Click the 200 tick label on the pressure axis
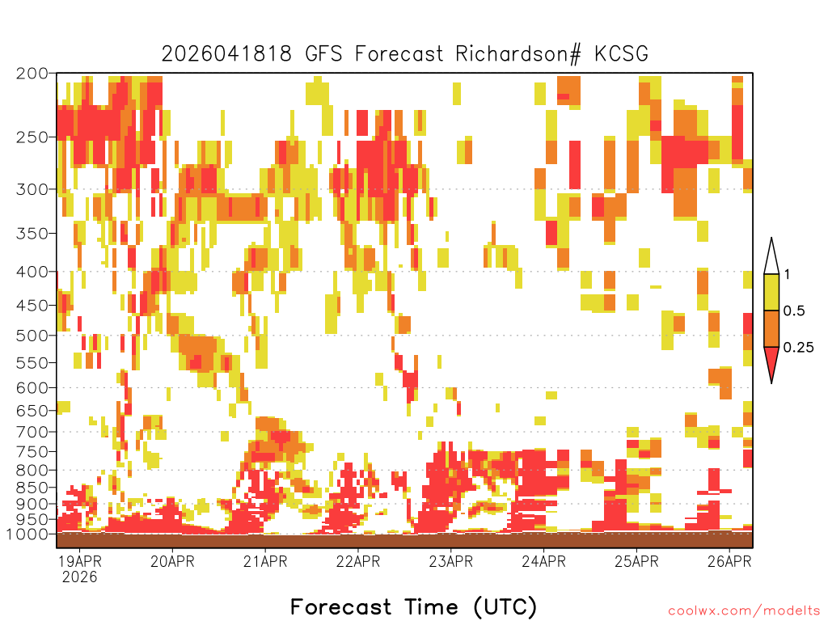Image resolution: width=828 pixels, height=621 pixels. [32, 74]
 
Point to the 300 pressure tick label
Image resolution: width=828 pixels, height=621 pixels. [32, 189]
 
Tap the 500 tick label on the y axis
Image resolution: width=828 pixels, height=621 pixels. [32, 336]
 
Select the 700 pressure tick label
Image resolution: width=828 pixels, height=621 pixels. [32, 432]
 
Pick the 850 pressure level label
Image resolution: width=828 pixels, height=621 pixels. [32, 488]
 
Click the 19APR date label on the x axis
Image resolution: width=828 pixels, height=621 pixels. [80, 561]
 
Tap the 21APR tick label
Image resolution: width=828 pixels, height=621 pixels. [265, 561]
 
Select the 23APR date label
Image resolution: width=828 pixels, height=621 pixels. [451, 561]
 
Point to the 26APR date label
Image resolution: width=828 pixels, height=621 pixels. [729, 561]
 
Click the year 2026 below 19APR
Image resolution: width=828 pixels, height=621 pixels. [80, 577]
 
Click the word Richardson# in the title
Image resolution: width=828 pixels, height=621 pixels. [518, 54]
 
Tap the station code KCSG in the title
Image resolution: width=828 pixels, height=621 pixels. [622, 54]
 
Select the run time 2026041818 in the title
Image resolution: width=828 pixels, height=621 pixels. [226, 54]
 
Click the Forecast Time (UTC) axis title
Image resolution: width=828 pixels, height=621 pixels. [413, 606]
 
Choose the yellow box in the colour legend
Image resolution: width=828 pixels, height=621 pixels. [771, 292]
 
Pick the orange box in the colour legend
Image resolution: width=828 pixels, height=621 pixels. [771, 328]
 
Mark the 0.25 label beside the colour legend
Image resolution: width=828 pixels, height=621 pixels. [798, 347]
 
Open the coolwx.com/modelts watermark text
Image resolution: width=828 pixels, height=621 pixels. [744, 611]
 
